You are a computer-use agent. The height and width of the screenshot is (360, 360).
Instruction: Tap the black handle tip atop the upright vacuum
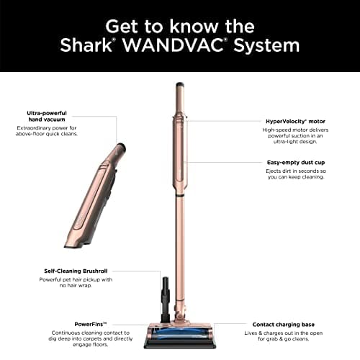click(x=177, y=89)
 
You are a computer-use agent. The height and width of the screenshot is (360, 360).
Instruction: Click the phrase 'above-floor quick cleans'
click(x=56, y=134)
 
